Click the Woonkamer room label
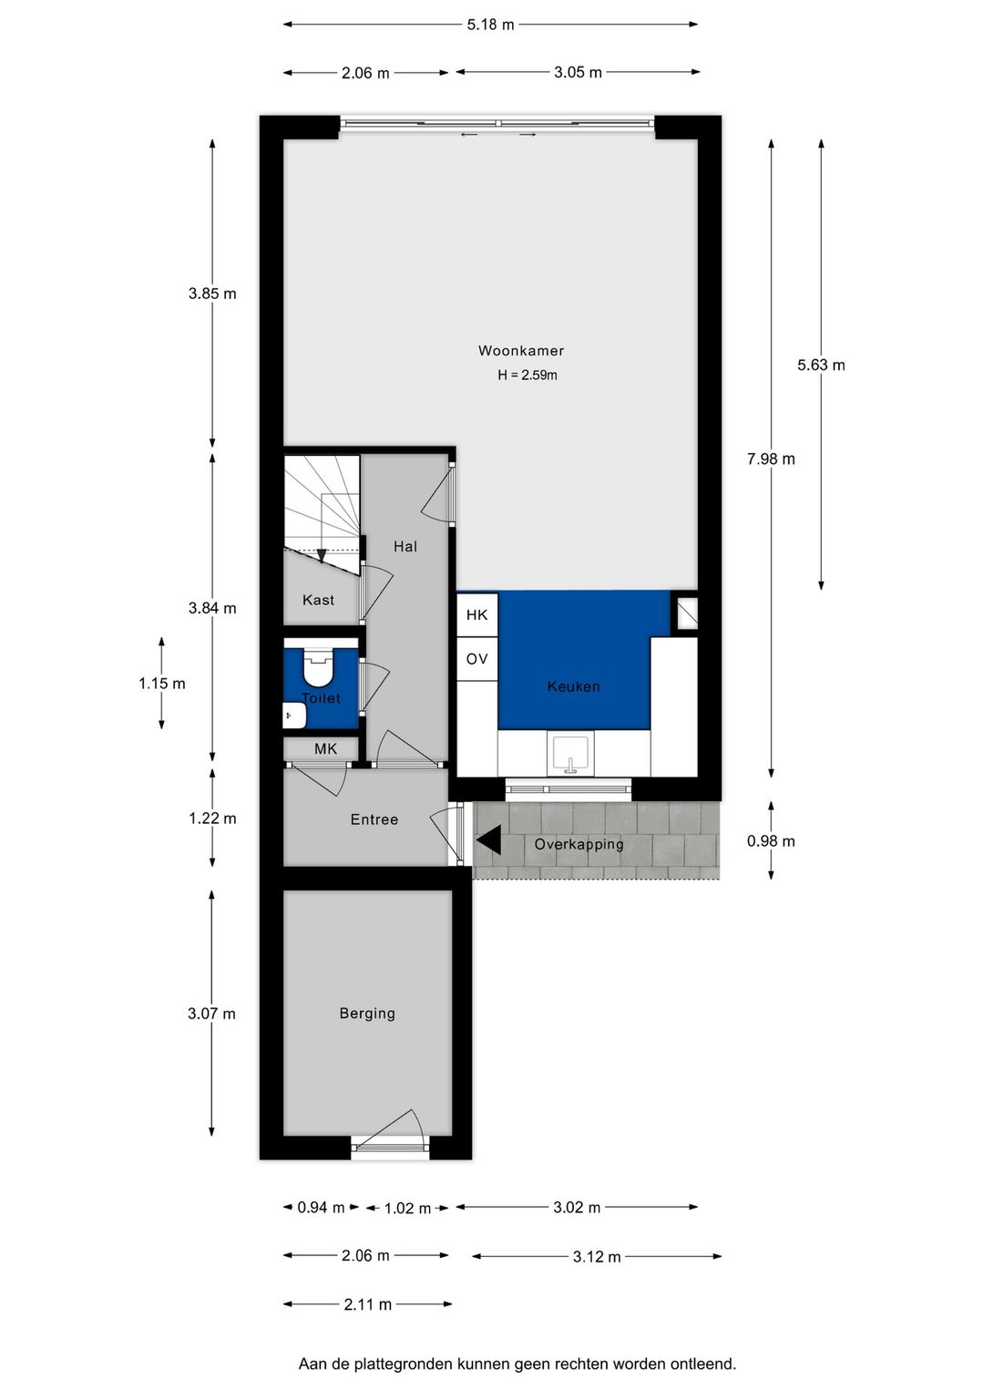[x=520, y=351]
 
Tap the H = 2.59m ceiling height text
[x=527, y=375]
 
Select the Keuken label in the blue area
[x=573, y=686]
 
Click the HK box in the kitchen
[x=477, y=615]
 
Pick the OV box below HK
[x=477, y=659]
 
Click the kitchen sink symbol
[x=570, y=755]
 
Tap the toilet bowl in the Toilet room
[x=318, y=669]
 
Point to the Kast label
[x=318, y=600]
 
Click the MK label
[x=325, y=749]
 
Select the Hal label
[x=405, y=546]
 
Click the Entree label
[x=374, y=819]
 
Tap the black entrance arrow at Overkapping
[x=488, y=840]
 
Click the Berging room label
[x=367, y=1013]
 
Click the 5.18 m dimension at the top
[x=490, y=25]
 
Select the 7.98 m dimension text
[x=771, y=459]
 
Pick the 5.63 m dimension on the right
[x=821, y=365]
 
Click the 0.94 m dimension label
[x=321, y=1208]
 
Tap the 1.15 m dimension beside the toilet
[x=161, y=684]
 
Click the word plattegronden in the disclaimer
[x=405, y=1364]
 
